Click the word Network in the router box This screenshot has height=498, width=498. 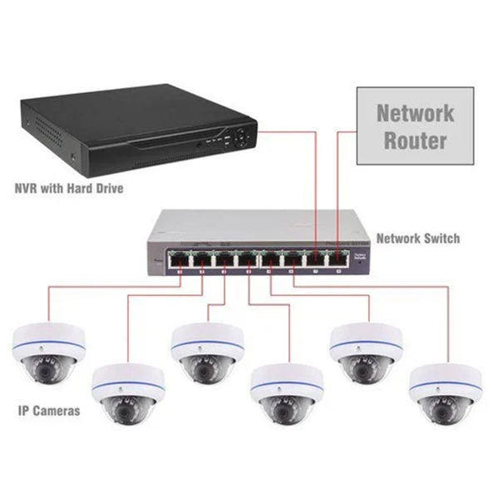416,112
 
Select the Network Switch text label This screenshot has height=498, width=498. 417,239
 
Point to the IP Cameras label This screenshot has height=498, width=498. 48,410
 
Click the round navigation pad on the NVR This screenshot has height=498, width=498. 239,136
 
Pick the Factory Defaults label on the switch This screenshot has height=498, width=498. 359,257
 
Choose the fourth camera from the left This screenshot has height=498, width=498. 282,395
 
